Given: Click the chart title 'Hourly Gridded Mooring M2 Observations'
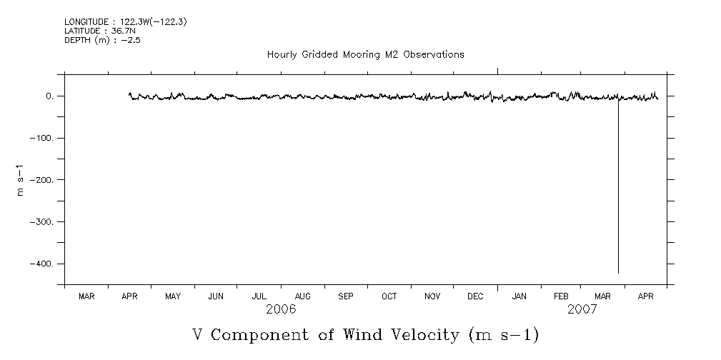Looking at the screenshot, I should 365,54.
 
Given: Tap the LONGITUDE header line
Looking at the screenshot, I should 125,22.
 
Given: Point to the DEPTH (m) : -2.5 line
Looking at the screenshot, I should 102,40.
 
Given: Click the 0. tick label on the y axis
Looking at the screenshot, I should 50,96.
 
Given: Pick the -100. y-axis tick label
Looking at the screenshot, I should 44,138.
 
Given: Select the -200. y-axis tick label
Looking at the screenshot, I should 44,180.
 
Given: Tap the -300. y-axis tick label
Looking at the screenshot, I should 44,222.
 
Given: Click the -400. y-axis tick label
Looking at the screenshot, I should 44,264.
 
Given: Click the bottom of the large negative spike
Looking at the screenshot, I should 618,272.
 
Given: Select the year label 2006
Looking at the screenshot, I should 281,309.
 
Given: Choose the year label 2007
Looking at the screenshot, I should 582,309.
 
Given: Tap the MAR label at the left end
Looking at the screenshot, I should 86,296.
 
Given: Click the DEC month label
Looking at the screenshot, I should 475,296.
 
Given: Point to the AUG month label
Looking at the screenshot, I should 302,296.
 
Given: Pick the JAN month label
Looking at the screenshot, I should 519,296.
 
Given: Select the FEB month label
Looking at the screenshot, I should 561,296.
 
